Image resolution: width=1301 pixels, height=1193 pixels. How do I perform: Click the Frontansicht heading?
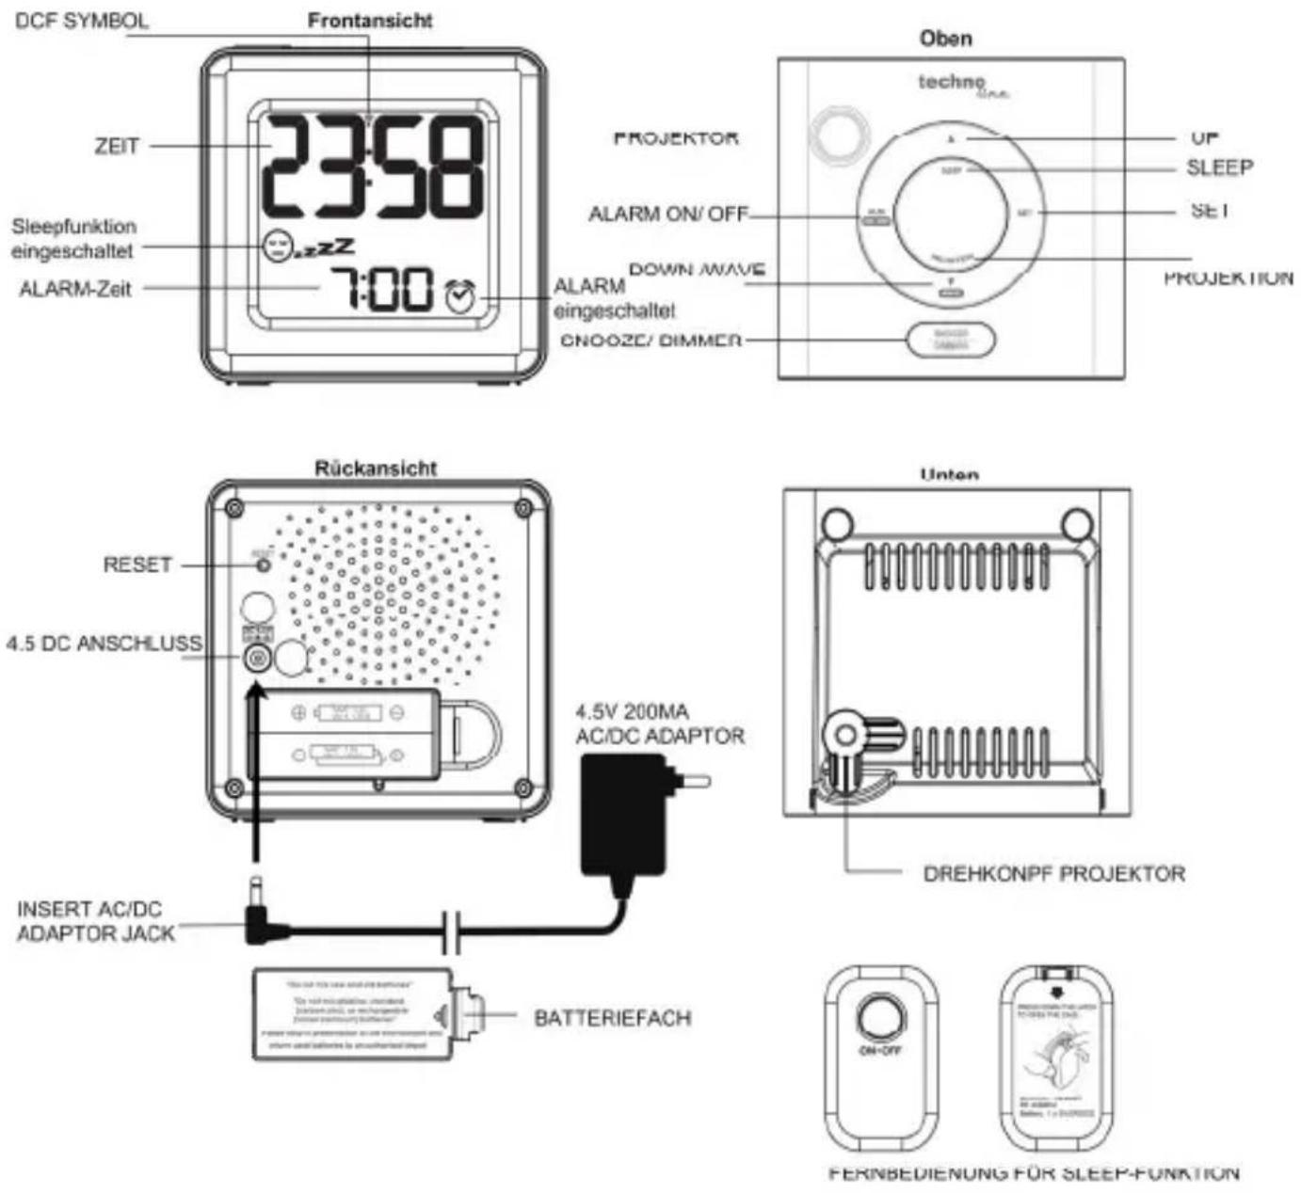pyautogui.click(x=370, y=21)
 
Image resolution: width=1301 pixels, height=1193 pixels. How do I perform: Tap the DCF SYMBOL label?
pyautogui.click(x=82, y=21)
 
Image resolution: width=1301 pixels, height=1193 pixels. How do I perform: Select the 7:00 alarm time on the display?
pyautogui.click(x=380, y=289)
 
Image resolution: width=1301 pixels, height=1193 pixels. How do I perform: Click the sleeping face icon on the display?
pyautogui.click(x=277, y=246)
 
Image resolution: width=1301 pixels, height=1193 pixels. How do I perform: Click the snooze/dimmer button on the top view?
pyautogui.click(x=951, y=340)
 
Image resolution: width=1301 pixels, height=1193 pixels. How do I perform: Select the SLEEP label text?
pyautogui.click(x=1219, y=167)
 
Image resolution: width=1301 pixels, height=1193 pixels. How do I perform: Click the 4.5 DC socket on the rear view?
pyautogui.click(x=255, y=659)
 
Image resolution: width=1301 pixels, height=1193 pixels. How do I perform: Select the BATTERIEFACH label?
pyautogui.click(x=612, y=1018)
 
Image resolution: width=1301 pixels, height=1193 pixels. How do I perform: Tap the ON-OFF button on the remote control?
pyautogui.click(x=880, y=1020)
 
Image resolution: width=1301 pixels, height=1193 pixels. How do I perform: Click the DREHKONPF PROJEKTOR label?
pyautogui.click(x=1053, y=874)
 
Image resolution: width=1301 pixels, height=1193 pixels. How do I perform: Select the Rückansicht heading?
pyautogui.click(x=376, y=468)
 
